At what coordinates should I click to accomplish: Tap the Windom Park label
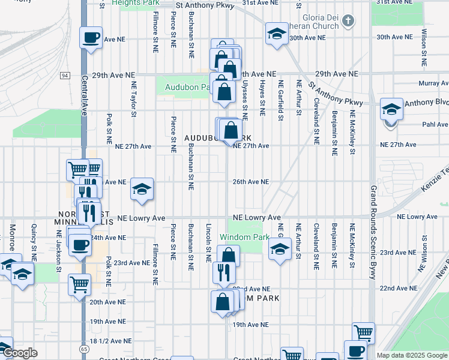pos(244,237)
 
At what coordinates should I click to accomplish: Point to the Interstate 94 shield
pos(64,76)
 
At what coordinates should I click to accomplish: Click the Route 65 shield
pos(83,347)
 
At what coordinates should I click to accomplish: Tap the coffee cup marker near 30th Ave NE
pos(91,38)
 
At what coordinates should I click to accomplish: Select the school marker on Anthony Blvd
pos(391,109)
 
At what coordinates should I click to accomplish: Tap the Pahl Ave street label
pos(435,125)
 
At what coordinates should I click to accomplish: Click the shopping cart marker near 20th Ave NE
pos(79,284)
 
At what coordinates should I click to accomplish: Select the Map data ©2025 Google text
pos(412,355)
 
